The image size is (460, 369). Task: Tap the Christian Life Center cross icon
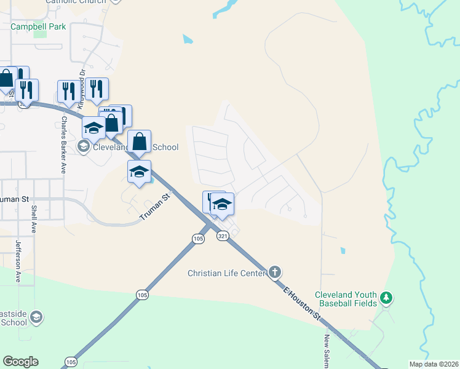(275, 272)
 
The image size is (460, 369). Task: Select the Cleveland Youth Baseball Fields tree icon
(386, 298)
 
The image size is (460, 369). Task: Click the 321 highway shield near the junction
(223, 236)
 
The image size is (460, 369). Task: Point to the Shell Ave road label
(34, 220)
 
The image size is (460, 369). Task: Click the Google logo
(20, 362)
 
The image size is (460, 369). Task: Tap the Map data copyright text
(434, 364)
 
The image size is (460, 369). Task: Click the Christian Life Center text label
(226, 272)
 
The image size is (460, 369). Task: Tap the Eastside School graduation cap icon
(36, 317)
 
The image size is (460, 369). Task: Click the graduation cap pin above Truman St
(140, 171)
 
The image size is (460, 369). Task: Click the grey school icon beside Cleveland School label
(84, 147)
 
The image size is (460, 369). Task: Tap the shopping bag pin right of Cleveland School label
(140, 141)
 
